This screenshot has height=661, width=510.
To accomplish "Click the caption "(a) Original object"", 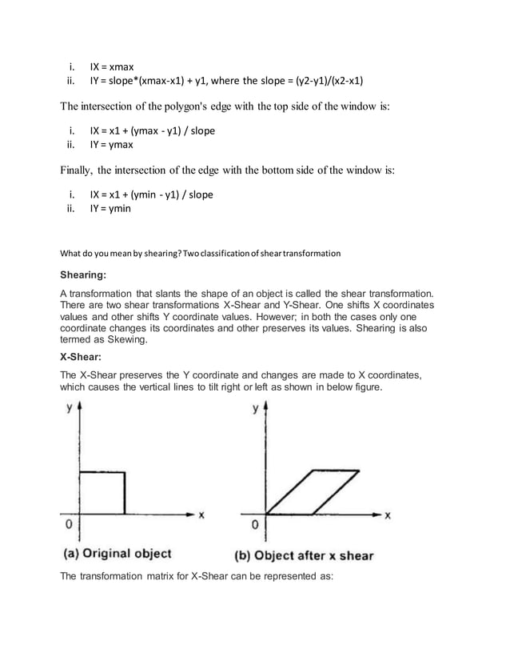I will click(117, 553).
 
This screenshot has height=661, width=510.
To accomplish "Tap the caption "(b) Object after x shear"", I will click(304, 555).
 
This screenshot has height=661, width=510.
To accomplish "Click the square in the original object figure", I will click(100, 492).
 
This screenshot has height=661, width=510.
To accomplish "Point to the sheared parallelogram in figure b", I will click(313, 492).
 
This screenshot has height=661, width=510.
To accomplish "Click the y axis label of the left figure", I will click(69, 407).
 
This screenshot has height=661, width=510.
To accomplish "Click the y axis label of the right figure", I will click(255, 408).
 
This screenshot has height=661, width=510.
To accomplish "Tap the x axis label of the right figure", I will click(388, 516).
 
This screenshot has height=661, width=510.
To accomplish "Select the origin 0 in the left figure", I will click(70, 525).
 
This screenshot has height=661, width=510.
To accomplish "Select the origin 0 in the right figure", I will click(255, 526).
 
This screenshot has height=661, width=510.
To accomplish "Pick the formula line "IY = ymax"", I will click(111, 145).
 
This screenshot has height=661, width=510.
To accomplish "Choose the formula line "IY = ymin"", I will click(110, 209).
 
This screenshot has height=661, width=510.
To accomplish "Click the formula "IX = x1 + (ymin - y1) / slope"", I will click(151, 194).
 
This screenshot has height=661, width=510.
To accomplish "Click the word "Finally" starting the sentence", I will click(78, 170).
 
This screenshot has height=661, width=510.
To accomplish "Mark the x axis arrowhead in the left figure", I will click(190, 512).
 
